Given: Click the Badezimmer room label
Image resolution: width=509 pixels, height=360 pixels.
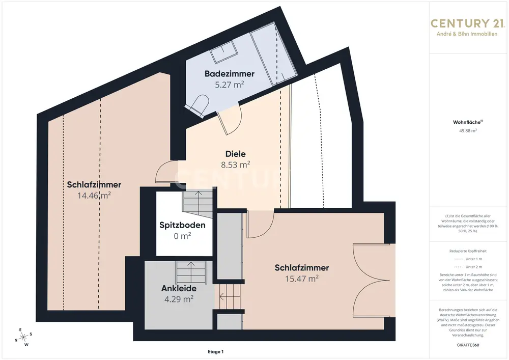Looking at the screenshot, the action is point(229,74).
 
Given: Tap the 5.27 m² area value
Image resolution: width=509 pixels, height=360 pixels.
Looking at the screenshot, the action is point(229,85).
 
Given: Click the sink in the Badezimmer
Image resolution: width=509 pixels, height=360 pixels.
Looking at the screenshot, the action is point(224,52).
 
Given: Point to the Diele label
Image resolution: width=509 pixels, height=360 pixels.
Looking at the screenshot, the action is point(235,154).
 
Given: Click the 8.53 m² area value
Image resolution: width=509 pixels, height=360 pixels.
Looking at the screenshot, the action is point(235,165).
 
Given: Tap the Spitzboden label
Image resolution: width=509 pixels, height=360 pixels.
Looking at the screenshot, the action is point(182,225).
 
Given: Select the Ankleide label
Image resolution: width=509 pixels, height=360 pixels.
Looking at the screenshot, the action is point(179,288).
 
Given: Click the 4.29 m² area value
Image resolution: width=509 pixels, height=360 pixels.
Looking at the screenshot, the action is point(179,299).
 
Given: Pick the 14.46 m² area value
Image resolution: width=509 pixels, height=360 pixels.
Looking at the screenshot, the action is point(94,196).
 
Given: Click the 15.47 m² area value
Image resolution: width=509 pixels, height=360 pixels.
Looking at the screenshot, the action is point(302,279).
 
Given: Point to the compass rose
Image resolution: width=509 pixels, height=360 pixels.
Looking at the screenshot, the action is point(23,338).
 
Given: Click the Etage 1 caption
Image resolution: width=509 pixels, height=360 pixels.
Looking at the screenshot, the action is point(215,351).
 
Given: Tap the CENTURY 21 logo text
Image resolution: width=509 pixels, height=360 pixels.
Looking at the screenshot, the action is point(467,23).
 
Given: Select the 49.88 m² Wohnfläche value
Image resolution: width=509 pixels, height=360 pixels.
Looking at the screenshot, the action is point(468,131).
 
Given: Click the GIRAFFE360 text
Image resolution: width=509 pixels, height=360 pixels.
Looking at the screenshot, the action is point(468,345).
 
